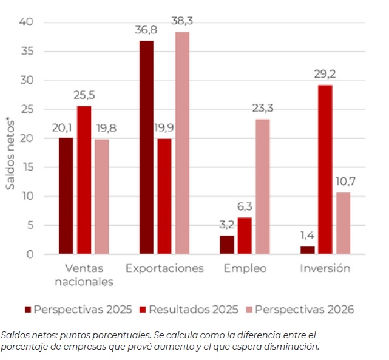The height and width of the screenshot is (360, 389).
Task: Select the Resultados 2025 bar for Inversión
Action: pos(325,169)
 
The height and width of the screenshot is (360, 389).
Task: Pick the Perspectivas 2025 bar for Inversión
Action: pos(307,250)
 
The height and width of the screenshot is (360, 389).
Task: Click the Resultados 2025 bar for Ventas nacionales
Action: pos(84,180)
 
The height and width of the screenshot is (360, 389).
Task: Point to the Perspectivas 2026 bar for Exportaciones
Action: pos(182,143)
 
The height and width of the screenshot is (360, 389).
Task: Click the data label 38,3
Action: pos(182,21)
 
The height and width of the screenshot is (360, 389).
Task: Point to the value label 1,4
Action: pos(306,236)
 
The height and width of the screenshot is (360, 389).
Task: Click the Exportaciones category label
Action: pos(164,268)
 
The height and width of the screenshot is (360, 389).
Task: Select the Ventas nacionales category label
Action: pos(84,274)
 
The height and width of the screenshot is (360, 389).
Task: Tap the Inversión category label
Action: pos(325,268)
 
